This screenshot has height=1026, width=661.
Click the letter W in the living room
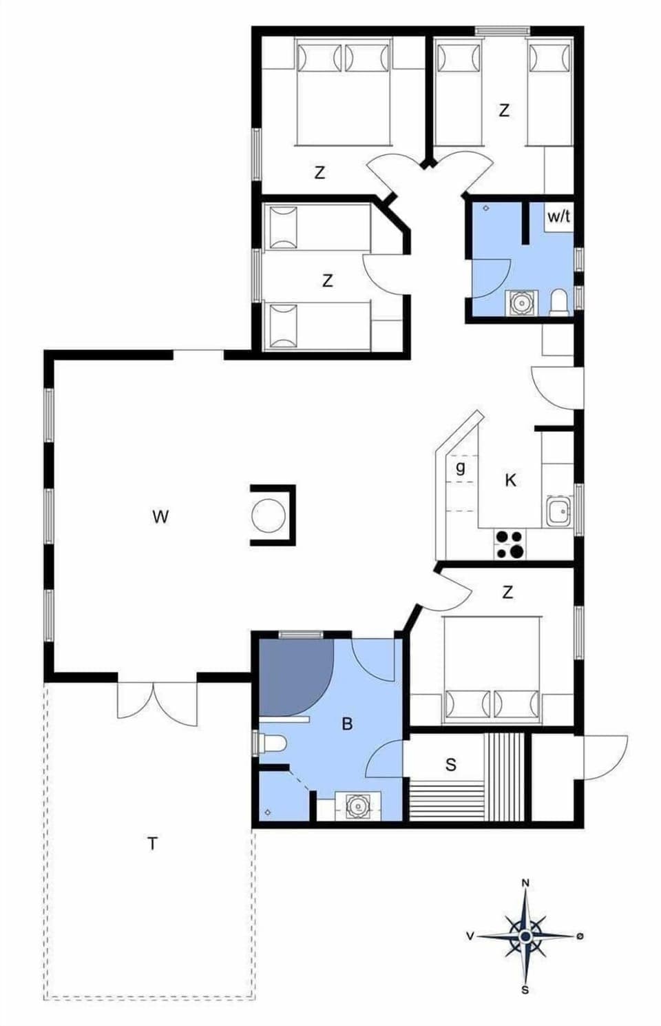[x=160, y=516]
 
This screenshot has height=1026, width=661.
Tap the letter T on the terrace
[x=152, y=843]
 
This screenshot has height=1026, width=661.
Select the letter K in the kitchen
[x=510, y=480]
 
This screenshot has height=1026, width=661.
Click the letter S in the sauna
[x=451, y=764]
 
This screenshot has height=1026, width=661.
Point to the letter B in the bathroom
[x=348, y=724]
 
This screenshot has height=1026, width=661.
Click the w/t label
[x=558, y=216]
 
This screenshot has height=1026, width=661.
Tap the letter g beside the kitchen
[x=461, y=467]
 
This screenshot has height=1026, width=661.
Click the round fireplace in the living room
[x=269, y=515]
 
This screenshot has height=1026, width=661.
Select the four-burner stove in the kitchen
[x=510, y=544]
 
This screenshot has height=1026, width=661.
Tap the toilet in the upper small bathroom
[x=559, y=302]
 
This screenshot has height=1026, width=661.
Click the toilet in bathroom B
[x=274, y=744]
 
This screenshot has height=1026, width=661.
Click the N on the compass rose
[x=525, y=883]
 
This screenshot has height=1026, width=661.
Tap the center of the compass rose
[x=525, y=936]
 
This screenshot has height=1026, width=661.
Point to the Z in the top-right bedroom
[x=504, y=110]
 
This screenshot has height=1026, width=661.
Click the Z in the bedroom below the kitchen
[x=507, y=592]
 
